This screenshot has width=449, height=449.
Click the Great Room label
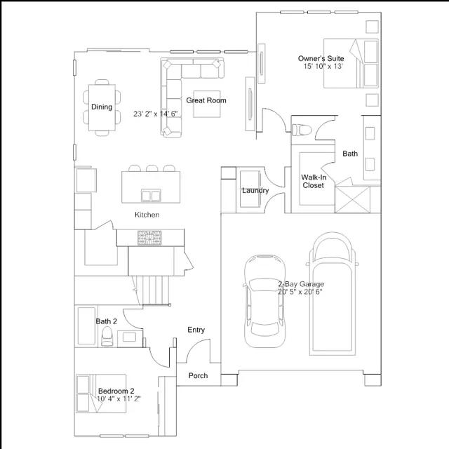[x=206, y=100]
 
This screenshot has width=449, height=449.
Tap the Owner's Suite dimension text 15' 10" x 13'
[x=323, y=67]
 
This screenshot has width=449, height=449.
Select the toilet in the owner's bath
[x=302, y=130]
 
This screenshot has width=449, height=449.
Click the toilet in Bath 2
[x=107, y=337]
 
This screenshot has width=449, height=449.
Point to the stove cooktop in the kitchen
[x=149, y=238]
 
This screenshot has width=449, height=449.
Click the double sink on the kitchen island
[x=151, y=196]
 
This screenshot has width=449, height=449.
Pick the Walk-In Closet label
[x=314, y=181]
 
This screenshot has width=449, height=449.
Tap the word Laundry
[x=255, y=191]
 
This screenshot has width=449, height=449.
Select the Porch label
[x=198, y=375]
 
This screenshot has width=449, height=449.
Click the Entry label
[x=196, y=330]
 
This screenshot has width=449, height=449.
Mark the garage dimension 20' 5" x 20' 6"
[x=300, y=292]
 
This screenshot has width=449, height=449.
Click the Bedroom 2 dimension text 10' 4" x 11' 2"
[x=119, y=398]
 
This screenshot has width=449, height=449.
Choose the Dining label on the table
[x=102, y=107]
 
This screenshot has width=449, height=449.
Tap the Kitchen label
[x=147, y=215]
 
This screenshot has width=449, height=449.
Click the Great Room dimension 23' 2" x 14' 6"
[x=156, y=114]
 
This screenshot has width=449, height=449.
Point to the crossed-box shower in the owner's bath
[x=352, y=199]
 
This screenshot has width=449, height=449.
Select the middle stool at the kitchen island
[x=152, y=168]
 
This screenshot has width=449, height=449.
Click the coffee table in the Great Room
[x=207, y=105]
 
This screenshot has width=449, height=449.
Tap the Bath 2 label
[x=106, y=321]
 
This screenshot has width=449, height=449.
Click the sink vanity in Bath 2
[x=130, y=338]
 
